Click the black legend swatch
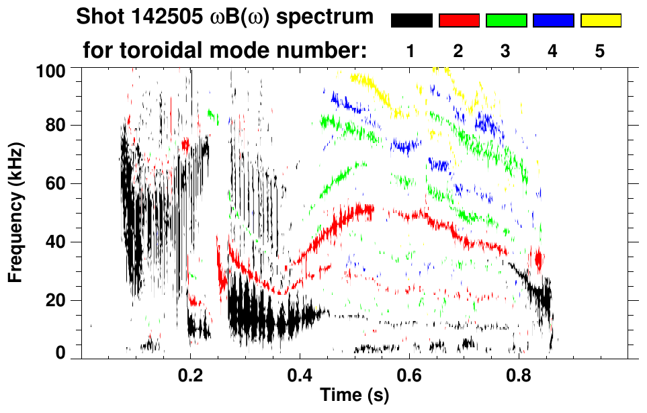click(411, 21)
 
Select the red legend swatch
click(459, 21)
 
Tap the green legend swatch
click(506, 21)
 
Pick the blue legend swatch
click(553, 21)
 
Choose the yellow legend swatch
click(601, 21)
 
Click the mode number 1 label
click(411, 51)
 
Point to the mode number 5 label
click(600, 51)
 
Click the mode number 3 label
click(506, 51)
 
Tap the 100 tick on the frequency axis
click(54, 70)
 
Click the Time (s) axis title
click(354, 396)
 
